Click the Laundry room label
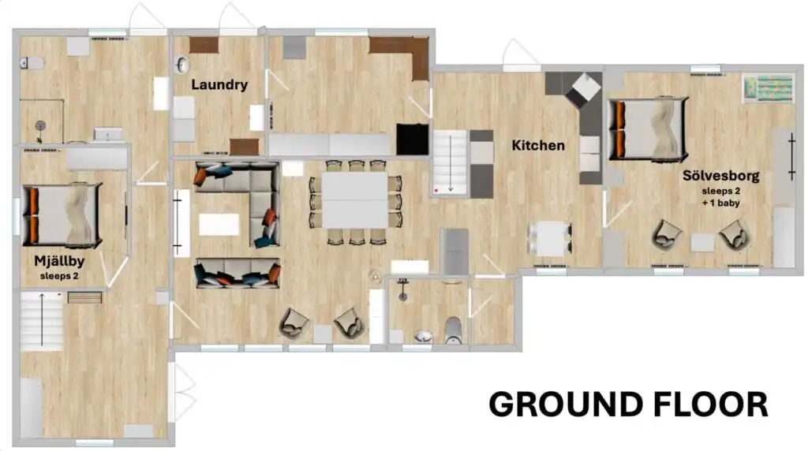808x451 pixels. (219, 85)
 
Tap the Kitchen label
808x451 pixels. (538, 145)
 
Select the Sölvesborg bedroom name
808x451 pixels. (721, 176)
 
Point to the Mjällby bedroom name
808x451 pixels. (59, 262)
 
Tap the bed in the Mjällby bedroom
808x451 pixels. (62, 215)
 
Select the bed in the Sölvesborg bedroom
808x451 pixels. (649, 129)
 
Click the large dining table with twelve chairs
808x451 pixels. (355, 201)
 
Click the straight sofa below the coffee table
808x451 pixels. (238, 273)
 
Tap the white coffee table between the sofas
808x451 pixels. (219, 225)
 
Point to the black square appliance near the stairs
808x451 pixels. (412, 139)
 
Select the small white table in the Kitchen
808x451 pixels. (550, 238)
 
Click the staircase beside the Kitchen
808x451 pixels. (450, 162)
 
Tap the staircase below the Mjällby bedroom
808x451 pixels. (42, 321)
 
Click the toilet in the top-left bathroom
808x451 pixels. (32, 63)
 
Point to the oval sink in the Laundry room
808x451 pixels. (182, 65)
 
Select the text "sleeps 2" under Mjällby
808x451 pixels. (59, 276)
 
